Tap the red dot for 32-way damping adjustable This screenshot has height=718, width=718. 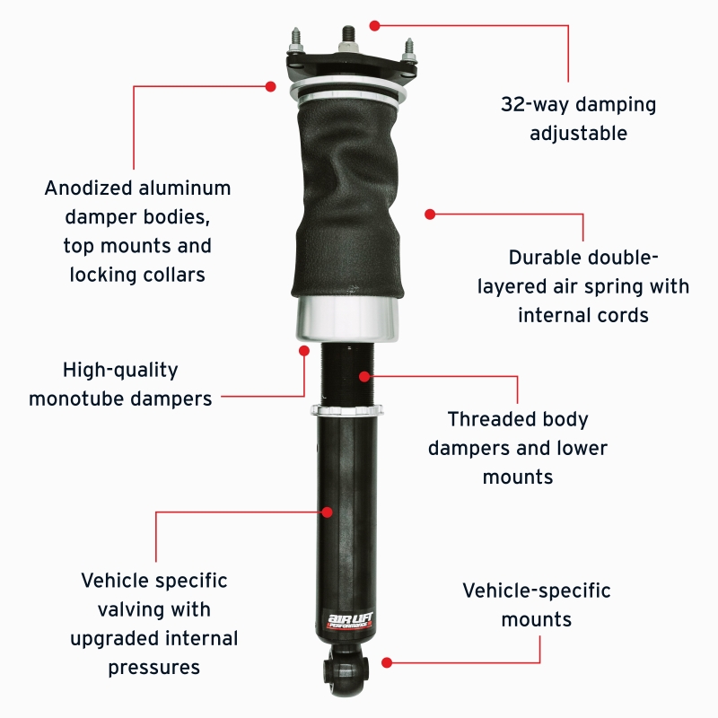pos(375,26)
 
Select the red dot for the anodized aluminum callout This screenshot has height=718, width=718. pos(270,86)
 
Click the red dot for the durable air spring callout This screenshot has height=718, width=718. pos(430,215)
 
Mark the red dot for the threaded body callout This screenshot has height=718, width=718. pos(364,376)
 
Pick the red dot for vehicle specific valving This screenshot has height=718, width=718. pos(327,512)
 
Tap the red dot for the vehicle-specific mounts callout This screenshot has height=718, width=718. pos(386,662)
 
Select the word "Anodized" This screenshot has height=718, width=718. pos(88,188)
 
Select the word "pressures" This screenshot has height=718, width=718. pos(154,668)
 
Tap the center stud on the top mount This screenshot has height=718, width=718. pos(346,39)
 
